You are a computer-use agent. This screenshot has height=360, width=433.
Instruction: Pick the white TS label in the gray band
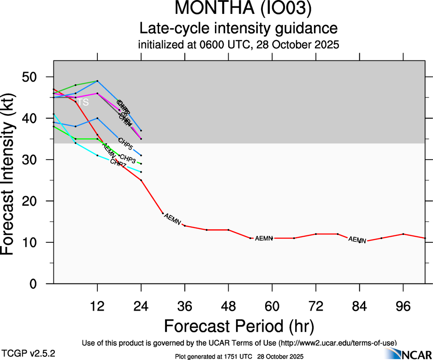(x=83, y=102)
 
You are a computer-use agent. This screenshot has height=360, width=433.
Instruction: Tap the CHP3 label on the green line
(x=127, y=159)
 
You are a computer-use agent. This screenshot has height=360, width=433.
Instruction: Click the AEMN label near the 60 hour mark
(x=264, y=238)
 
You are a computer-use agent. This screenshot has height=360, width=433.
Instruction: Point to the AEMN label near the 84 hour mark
(x=357, y=240)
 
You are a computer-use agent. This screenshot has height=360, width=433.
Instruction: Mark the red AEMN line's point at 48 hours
(x=229, y=230)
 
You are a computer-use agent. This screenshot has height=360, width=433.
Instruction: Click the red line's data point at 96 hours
(x=403, y=234)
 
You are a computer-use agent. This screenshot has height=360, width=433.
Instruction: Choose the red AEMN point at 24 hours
(x=141, y=180)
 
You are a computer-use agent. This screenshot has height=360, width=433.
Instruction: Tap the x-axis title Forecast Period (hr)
(x=239, y=326)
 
